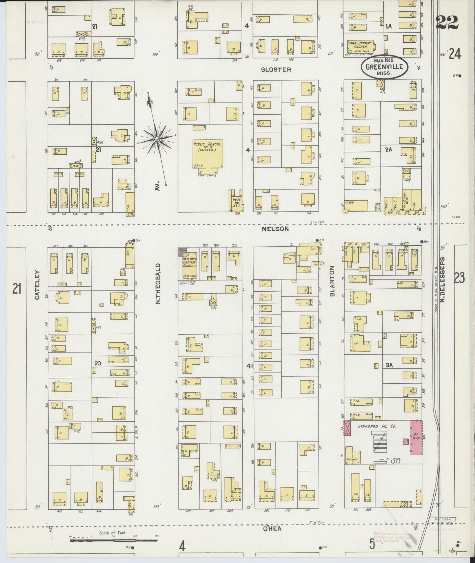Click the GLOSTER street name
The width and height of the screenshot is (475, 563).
click(276, 70)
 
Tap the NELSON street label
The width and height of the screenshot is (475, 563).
click(275, 229)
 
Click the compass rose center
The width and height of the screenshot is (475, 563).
click(157, 140)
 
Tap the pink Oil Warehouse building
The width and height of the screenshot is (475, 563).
click(416, 437)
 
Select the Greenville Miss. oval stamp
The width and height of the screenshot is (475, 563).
click(384, 67)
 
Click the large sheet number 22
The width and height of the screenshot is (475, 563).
click(447, 22)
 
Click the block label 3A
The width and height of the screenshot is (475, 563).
click(389, 365)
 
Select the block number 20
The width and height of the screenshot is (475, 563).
click(97, 363)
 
